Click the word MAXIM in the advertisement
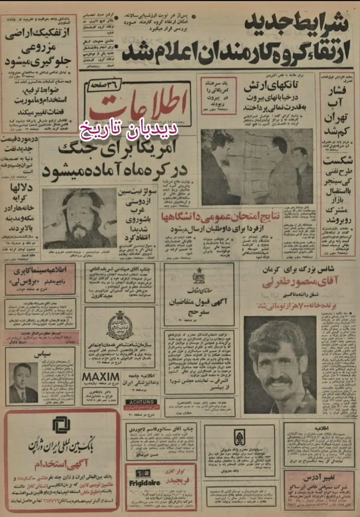pos(100,376)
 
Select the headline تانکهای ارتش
pos(268,87)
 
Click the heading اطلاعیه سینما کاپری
pos(40,273)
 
